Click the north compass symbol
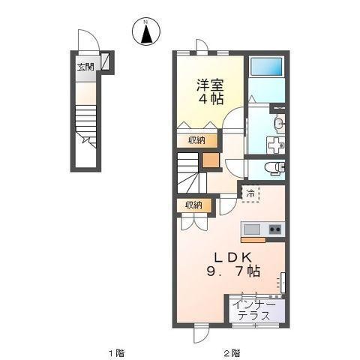pyautogui.click(x=146, y=31)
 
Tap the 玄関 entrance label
pyautogui.click(x=85, y=67)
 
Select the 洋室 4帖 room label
pyautogui.click(x=210, y=91)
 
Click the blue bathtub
pyautogui.click(x=266, y=67)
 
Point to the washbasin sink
pyautogui.click(x=279, y=123)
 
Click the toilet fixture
pyautogui.click(x=274, y=167)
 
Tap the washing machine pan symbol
pyautogui.click(x=276, y=145)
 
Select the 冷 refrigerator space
pyautogui.click(x=250, y=193)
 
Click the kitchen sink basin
pyautogui.click(x=252, y=229)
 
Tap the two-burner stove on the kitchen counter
pyautogui.click(x=275, y=229)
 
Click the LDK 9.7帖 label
pyautogui.click(x=233, y=264)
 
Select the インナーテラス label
pyautogui.click(x=254, y=310)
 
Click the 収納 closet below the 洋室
pyautogui.click(x=196, y=140)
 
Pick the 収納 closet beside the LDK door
pyautogui.click(x=193, y=205)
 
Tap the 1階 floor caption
pyautogui.click(x=116, y=353)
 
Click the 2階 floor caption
pyautogui.click(x=232, y=353)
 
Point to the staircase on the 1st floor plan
pyautogui.click(x=85, y=127)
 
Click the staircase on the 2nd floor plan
pyautogui.click(x=191, y=173)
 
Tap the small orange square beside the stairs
pyautogui.click(x=211, y=160)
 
